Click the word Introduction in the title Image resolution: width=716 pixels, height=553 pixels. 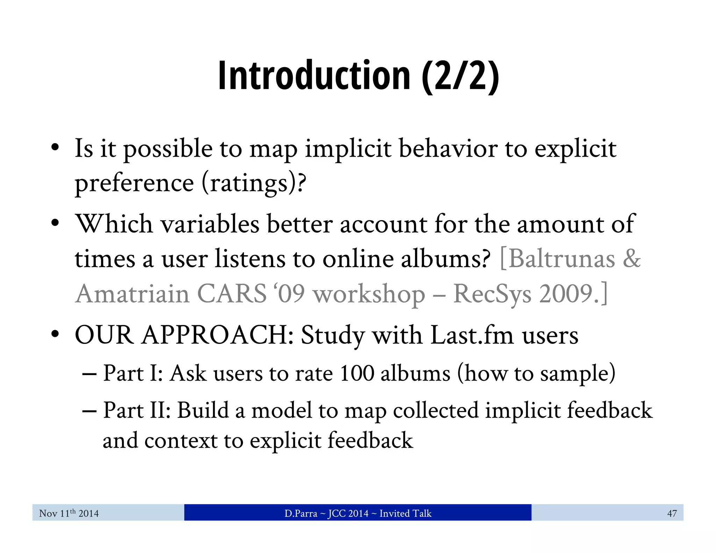click(314, 76)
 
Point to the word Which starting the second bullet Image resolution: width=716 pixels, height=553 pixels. click(114, 224)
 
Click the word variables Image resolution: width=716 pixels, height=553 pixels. click(210, 224)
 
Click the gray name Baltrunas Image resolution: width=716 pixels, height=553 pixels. click(561, 259)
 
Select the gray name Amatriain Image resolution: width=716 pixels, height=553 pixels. click(133, 294)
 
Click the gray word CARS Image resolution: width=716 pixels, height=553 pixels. click(232, 294)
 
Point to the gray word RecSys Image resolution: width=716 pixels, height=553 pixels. click(492, 294)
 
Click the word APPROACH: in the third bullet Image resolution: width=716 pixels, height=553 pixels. click(219, 335)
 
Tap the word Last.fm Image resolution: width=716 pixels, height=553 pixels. click(472, 335)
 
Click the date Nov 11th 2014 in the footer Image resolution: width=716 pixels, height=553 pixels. click(69, 513)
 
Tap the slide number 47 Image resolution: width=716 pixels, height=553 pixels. click(672, 513)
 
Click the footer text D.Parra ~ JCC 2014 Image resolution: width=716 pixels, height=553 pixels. click(326, 513)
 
